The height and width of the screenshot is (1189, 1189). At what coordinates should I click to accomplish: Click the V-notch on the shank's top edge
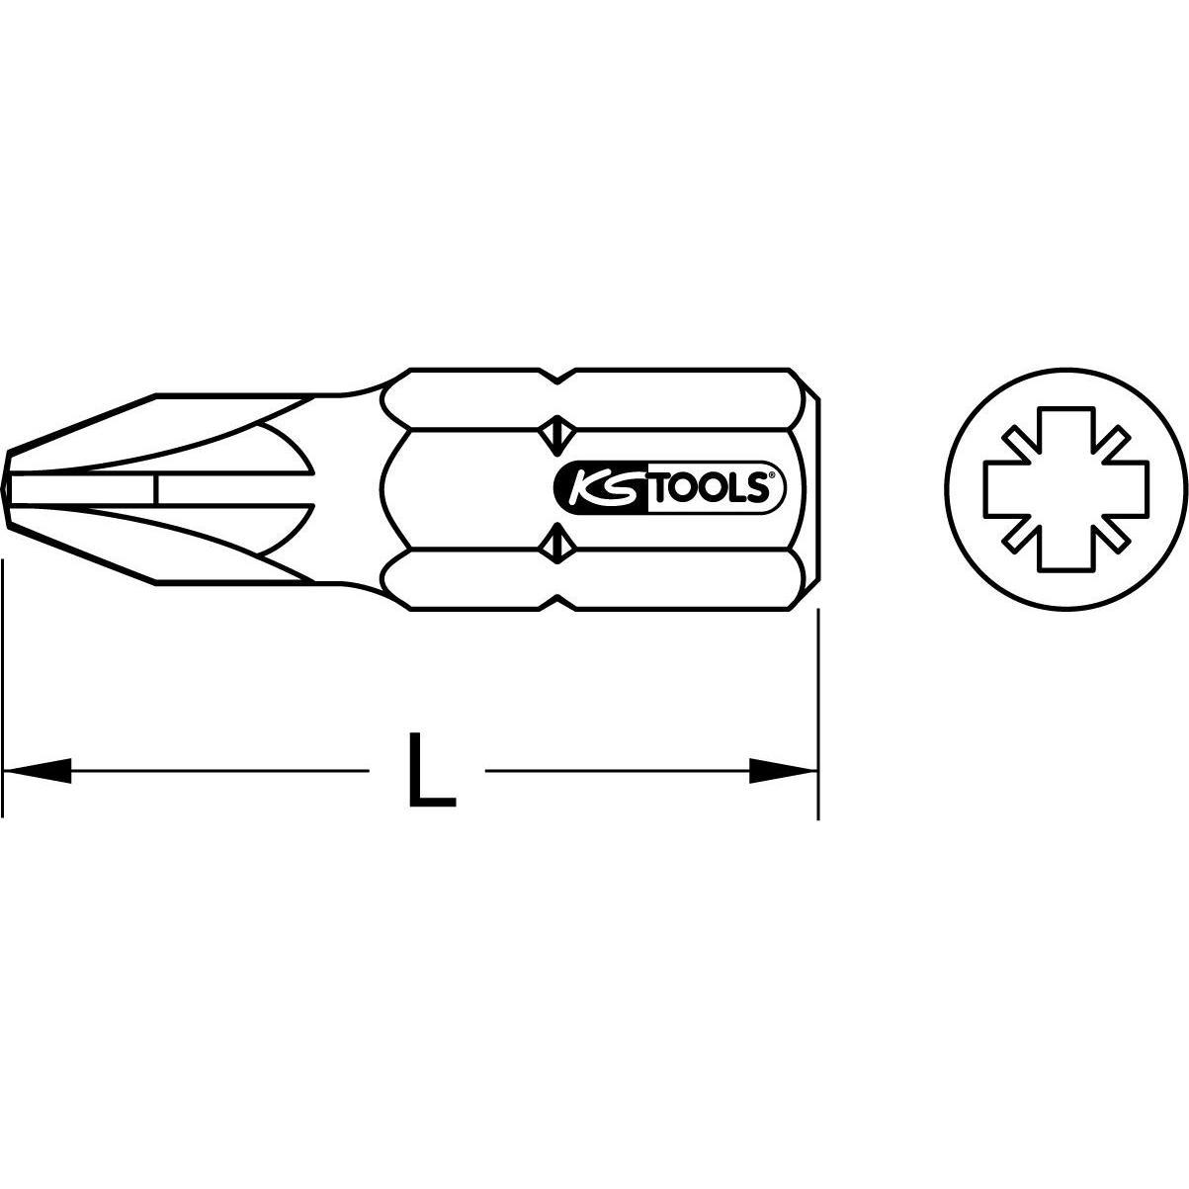pos(558,377)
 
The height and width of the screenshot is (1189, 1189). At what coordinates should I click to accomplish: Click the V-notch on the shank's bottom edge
pos(558,601)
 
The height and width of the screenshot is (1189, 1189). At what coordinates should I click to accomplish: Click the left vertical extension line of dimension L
pos(3,682)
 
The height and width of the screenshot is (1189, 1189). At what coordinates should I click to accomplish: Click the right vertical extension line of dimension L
pos(818,682)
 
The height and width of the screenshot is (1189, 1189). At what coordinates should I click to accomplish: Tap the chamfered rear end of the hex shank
pos(808,487)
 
